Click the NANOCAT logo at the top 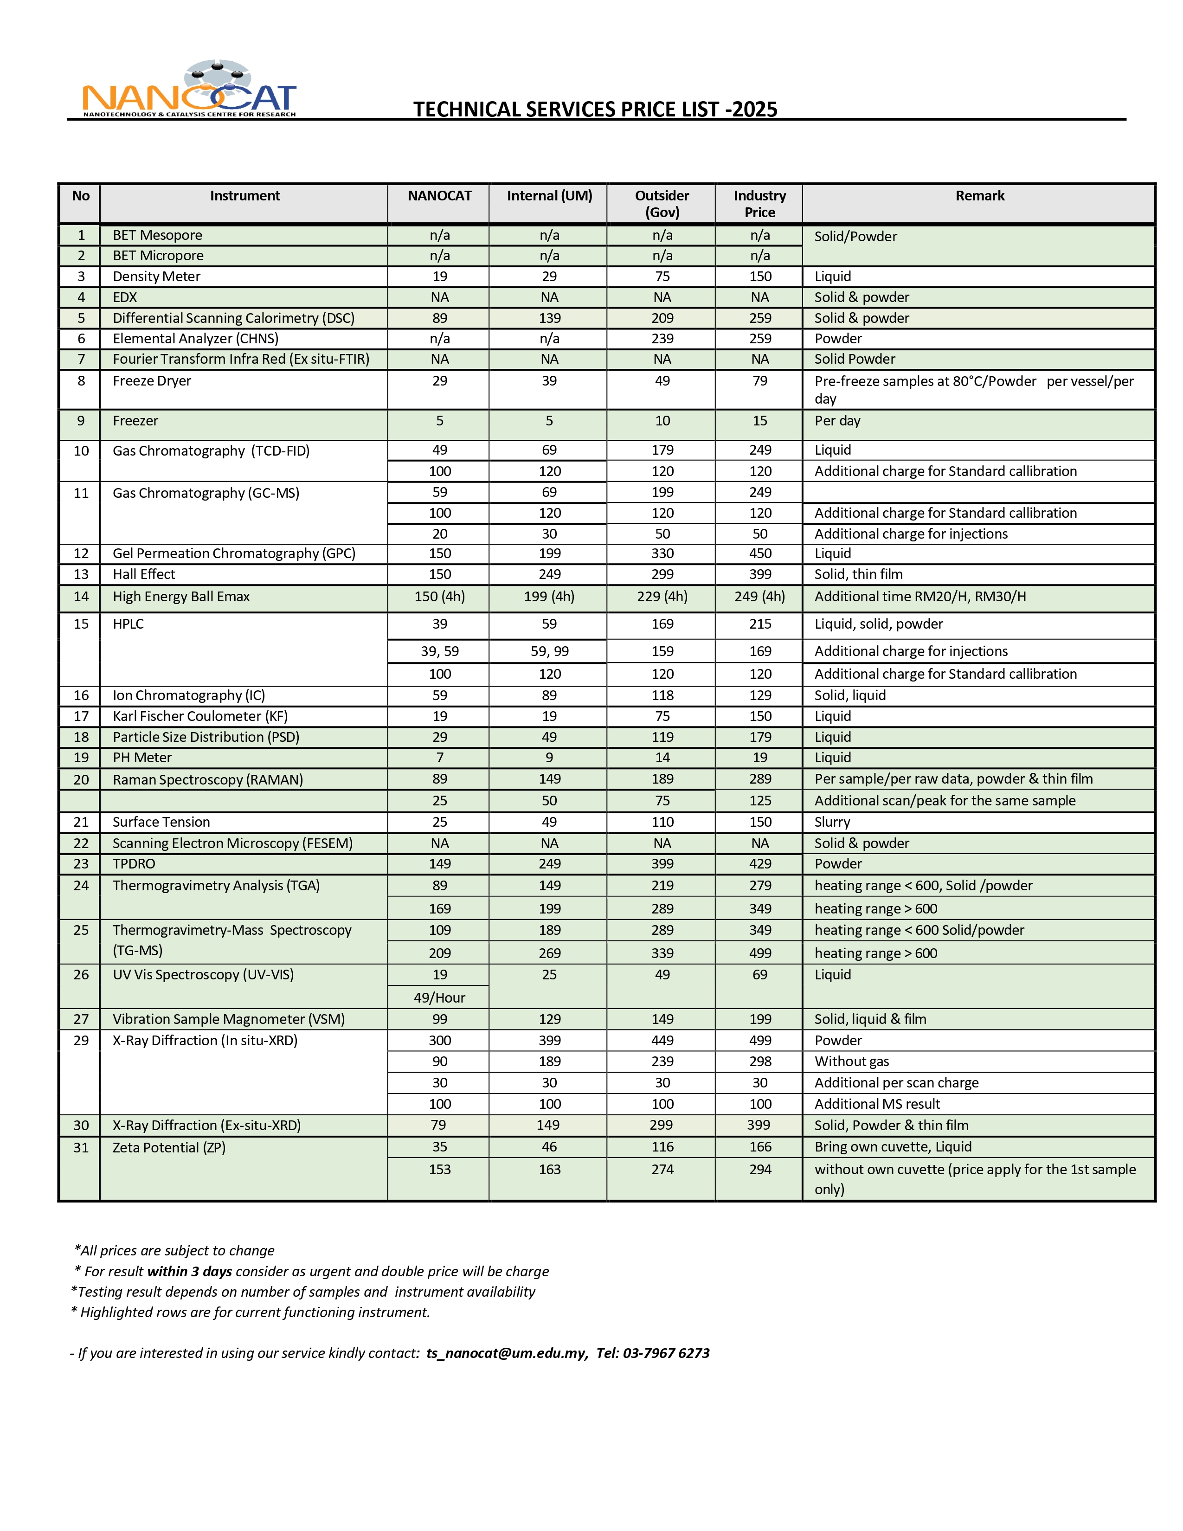[x=189, y=89]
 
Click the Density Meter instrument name [x=156, y=276]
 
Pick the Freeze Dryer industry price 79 [x=760, y=380]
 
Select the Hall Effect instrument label [x=144, y=574]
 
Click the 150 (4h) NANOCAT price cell [x=439, y=597]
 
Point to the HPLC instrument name [x=128, y=624]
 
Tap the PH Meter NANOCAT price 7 [x=439, y=757]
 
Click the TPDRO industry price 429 [x=760, y=864]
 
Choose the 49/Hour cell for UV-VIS [x=439, y=997]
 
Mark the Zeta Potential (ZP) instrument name [x=169, y=1147]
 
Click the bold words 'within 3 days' [x=189, y=1272]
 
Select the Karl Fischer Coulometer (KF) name [x=200, y=716]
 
